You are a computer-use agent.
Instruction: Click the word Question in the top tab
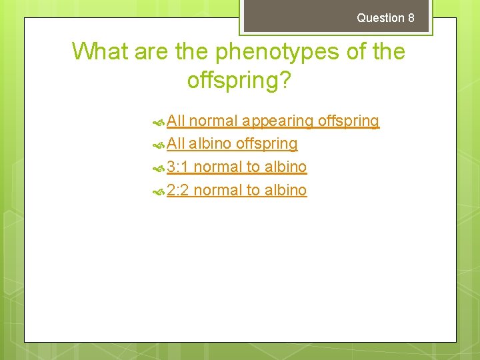[x=380, y=18]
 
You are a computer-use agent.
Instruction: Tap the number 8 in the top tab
[x=411, y=18]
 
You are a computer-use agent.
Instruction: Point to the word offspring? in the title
[x=239, y=80]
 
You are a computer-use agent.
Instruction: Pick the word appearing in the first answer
[x=279, y=121]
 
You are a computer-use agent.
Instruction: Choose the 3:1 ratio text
[x=178, y=167]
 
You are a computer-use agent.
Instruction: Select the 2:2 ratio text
[x=178, y=190]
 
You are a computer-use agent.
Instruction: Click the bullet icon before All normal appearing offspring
[x=159, y=122]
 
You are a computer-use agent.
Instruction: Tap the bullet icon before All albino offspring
[x=159, y=145]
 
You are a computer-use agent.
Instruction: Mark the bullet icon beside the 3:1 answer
[x=159, y=167]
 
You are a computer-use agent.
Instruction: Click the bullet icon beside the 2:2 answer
[x=159, y=191]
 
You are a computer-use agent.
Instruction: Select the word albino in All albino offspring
[x=210, y=144]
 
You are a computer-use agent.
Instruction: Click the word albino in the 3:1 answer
[x=285, y=167]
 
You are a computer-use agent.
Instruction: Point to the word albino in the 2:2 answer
[x=285, y=190]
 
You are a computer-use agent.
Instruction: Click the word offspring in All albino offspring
[x=267, y=144]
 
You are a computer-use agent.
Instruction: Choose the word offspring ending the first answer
[x=349, y=121]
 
